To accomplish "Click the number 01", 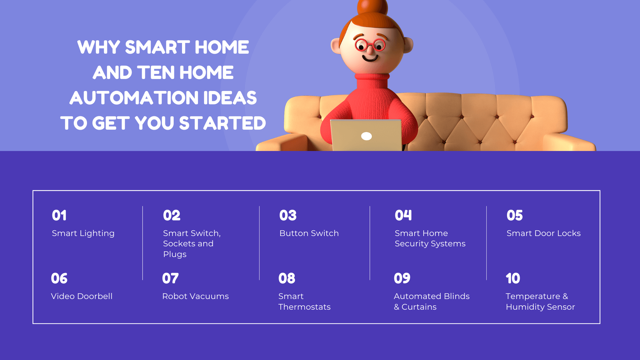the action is coord(59,215).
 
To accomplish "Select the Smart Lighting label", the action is coord(83,233).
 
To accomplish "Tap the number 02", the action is coord(172,215).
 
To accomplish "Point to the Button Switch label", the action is coord(309,233).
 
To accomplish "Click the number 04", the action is coord(403,215).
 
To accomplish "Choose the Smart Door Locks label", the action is coord(544,233).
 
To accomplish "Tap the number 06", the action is coord(59,278).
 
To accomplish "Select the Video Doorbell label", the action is coord(82,296).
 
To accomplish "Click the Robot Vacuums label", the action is coord(195,296).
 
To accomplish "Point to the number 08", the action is coord(287,278).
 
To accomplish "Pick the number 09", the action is coord(402,278).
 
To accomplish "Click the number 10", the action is coord(513,278).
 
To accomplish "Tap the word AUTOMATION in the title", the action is coord(134,98).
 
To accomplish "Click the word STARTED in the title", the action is coord(223,123).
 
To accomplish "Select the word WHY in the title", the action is coord(99,47).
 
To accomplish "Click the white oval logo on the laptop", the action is coord(366,136).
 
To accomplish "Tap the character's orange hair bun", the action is coord(372,7).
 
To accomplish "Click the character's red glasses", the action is coord(370,45).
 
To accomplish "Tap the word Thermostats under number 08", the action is coord(304,307).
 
